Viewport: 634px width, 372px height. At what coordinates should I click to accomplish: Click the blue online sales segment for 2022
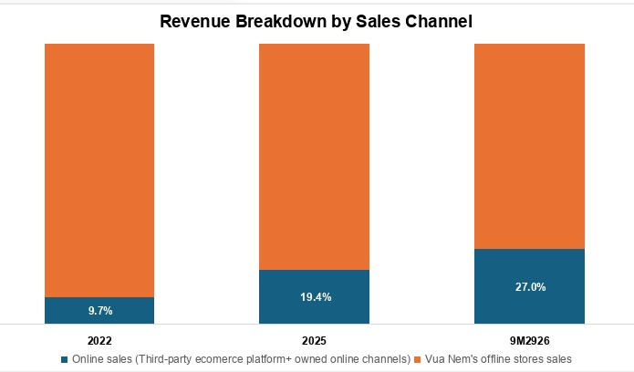99,311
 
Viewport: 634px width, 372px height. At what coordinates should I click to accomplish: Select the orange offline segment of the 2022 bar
99,170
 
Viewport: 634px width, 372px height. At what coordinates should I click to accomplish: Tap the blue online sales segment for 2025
314,297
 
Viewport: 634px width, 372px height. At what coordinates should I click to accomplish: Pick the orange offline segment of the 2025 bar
314,157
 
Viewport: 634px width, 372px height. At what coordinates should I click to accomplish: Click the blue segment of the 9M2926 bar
529,286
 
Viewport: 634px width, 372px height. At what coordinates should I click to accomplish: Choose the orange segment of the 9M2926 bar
529,147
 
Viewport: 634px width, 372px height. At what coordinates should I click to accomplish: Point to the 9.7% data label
100,311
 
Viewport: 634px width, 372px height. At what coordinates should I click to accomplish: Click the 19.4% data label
316,297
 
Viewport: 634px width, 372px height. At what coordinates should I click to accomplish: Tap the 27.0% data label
531,287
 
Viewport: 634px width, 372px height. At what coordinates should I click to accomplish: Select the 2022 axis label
99,341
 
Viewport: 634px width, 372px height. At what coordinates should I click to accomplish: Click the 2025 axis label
314,341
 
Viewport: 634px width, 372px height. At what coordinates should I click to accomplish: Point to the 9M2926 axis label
530,341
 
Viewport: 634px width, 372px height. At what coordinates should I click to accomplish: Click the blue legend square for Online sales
64,359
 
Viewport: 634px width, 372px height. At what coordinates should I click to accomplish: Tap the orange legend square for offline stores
418,359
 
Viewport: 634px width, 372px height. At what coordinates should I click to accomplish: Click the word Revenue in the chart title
195,22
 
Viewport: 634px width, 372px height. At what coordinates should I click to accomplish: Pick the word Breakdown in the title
281,22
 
